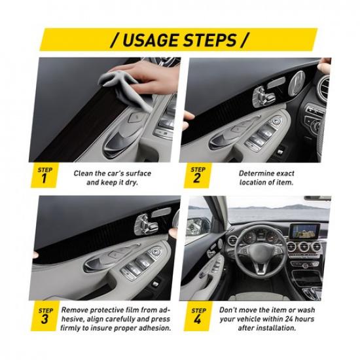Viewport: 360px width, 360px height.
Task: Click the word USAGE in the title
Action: (x=149, y=40)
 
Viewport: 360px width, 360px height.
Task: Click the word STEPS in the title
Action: (x=213, y=40)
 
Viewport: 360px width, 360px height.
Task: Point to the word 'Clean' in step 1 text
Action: (x=84, y=173)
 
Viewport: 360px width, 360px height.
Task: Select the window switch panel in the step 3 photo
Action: (x=147, y=262)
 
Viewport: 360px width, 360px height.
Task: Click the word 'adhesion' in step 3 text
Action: (x=153, y=327)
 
